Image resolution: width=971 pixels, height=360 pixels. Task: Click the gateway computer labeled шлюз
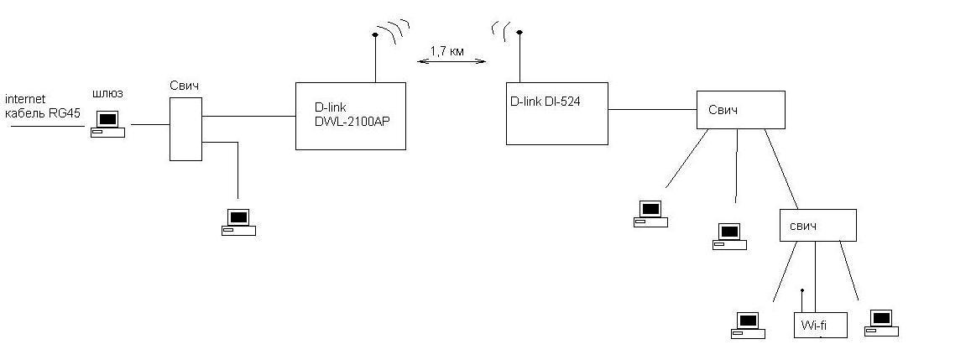[x=107, y=123]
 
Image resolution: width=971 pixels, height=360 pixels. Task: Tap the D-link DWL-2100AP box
[x=350, y=116]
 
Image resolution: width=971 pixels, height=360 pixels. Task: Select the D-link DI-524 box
[x=556, y=113]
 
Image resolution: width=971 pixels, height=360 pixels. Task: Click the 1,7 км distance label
[x=446, y=51]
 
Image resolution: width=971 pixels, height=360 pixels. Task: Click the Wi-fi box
[x=820, y=324]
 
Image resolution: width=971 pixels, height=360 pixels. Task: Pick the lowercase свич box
[x=817, y=226]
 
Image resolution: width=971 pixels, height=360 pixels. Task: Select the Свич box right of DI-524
[x=741, y=109]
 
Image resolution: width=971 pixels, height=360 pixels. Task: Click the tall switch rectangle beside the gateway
[x=185, y=128]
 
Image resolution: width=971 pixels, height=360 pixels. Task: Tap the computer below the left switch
[x=238, y=221]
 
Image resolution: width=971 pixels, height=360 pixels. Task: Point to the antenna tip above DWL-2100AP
[x=374, y=35]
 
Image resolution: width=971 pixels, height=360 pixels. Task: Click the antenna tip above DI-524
[x=520, y=33]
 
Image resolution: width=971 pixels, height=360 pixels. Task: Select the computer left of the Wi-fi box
[x=748, y=324]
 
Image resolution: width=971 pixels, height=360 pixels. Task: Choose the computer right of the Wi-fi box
[x=880, y=322]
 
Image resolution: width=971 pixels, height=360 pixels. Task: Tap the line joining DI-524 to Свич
[x=652, y=109]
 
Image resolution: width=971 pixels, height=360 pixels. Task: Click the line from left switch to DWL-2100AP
[x=248, y=117]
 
